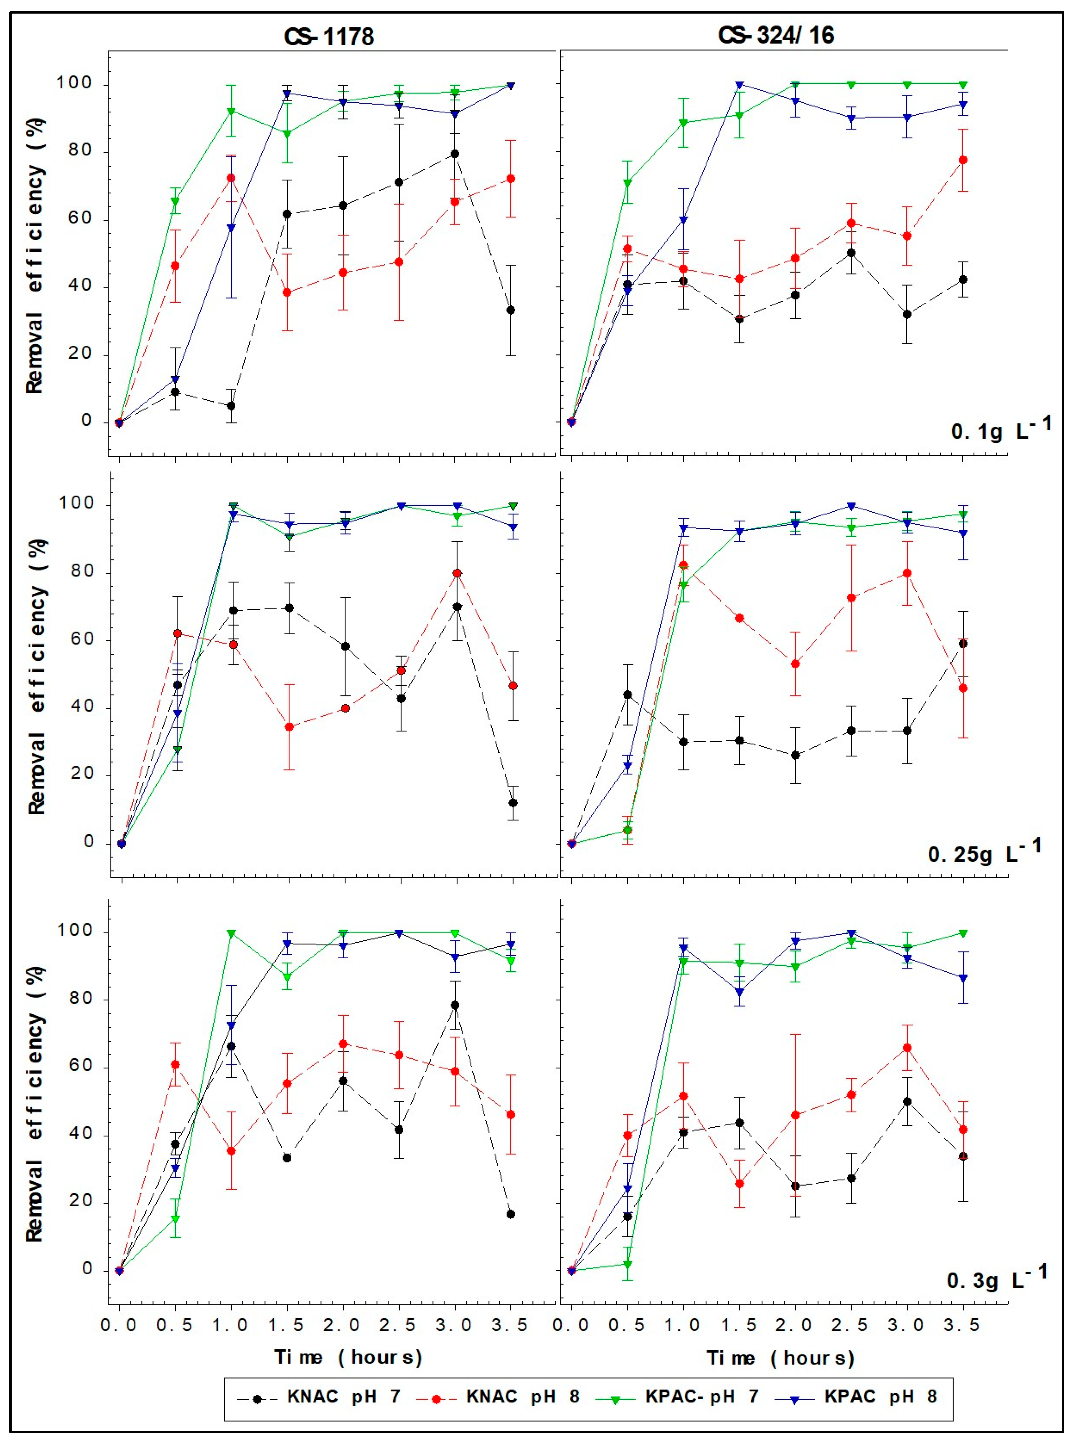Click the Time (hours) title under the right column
point(780,1357)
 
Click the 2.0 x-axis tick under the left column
point(342,1324)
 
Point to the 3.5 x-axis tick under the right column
point(962,1324)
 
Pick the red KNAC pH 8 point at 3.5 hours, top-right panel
point(963,160)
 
